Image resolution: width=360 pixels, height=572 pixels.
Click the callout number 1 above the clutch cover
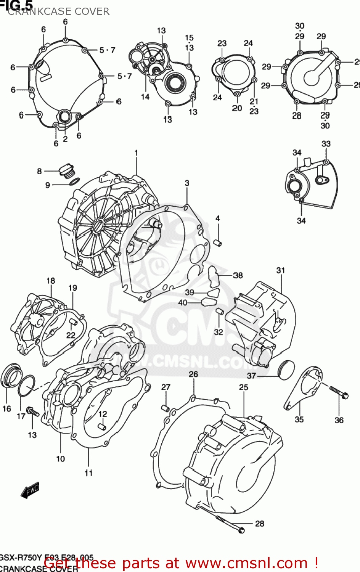coord(136,153)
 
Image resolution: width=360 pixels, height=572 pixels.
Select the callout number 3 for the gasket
coord(187,183)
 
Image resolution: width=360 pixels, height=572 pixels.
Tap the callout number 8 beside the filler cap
coord(39,171)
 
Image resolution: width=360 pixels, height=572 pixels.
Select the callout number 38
coord(238,275)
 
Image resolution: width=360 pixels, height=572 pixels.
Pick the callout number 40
coord(183,302)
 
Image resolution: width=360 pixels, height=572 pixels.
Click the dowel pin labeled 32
coord(219,312)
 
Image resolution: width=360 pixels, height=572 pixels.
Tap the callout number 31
coord(280,270)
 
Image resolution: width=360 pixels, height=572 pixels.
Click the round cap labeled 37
coord(286,369)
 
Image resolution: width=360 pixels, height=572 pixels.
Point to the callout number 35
coord(299,419)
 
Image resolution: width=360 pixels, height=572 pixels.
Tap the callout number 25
coord(243,387)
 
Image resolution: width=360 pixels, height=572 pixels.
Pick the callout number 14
coord(145,97)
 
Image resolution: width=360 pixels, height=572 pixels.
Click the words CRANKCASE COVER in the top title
coord(59,11)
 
